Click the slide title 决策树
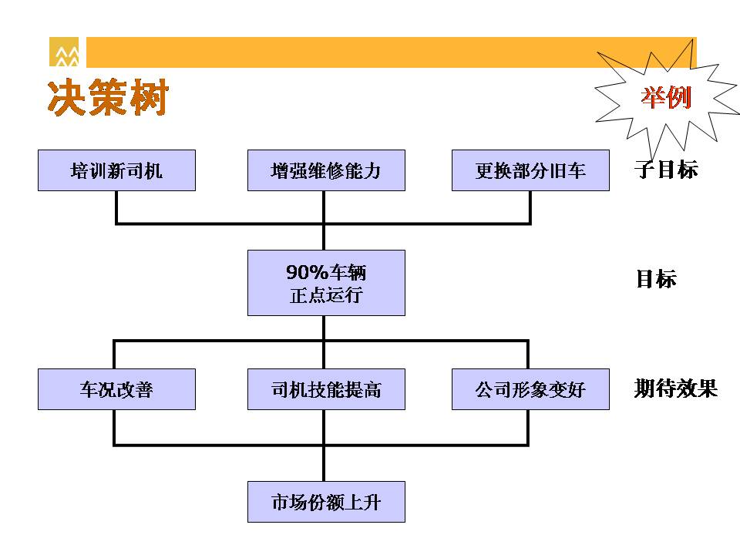108,97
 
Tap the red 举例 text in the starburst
665,98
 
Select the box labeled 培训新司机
116,170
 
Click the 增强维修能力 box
326,170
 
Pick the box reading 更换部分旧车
530,170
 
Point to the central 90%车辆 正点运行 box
326,283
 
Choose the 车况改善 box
116,389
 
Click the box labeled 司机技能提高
326,389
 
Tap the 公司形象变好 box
530,389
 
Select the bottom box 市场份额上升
326,502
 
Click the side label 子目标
666,170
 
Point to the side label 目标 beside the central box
656,278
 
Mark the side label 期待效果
676,388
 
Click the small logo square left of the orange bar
64,52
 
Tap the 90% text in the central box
307,272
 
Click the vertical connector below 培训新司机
116,207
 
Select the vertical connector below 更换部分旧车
530,207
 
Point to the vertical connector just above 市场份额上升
324,463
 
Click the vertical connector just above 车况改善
114,355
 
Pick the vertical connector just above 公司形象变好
527,355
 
